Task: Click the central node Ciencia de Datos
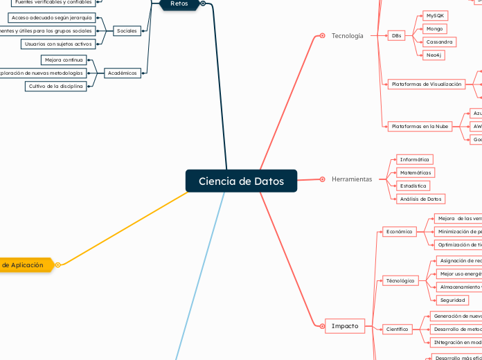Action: point(241,181)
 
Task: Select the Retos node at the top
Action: point(179,4)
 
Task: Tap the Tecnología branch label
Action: point(347,35)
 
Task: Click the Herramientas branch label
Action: point(352,179)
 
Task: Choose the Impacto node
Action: point(345,326)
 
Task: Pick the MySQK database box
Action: point(436,15)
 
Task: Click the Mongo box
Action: point(435,29)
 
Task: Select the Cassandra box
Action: point(440,42)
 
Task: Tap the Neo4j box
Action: point(435,55)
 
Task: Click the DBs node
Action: point(396,35)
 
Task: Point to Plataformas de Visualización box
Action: point(426,84)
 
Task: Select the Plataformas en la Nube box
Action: point(420,127)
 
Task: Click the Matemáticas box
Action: point(416,172)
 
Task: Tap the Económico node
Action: point(399,232)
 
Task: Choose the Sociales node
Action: point(127,30)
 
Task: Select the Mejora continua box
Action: point(64,60)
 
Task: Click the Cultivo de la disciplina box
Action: point(56,87)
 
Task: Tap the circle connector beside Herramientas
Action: point(323,179)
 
